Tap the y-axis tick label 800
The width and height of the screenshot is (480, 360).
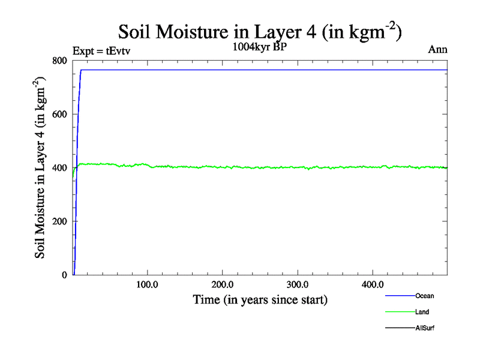59,61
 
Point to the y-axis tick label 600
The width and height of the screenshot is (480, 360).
59,114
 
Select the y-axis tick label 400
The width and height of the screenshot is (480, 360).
59,167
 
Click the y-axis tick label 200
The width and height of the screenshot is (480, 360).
59,221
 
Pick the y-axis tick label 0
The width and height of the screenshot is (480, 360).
64,275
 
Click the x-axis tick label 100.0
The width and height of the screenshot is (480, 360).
147,284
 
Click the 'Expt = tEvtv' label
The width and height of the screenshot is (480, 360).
101,50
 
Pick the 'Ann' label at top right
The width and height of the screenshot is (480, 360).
437,50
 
